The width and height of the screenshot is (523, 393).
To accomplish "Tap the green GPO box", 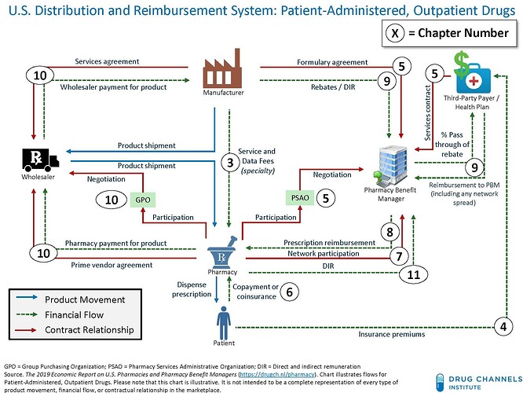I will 141,200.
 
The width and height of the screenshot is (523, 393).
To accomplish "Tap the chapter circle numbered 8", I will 388,231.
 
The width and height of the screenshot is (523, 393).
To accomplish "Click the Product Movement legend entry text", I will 83,299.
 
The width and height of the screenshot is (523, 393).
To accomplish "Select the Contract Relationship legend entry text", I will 88,329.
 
